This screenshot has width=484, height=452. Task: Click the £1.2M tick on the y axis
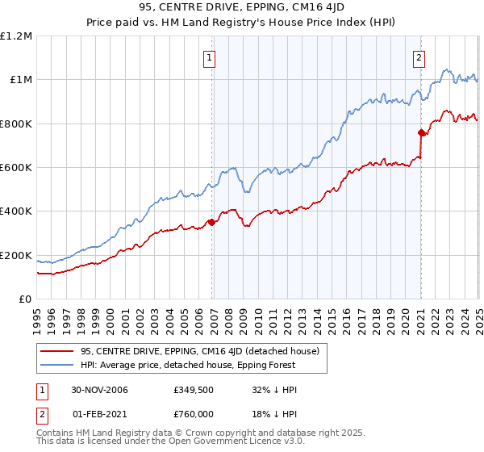(16, 36)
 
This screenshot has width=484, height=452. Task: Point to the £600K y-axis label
(16, 167)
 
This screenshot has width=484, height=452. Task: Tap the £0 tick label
(25, 299)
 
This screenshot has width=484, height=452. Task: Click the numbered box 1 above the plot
(209, 56)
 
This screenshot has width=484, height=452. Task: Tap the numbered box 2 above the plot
(419, 56)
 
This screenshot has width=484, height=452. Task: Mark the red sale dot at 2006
(212, 222)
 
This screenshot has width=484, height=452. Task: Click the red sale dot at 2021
(421, 132)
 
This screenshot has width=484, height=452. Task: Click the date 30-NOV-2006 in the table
(99, 390)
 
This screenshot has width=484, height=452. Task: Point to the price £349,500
(194, 390)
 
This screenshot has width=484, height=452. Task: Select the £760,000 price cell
(194, 413)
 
